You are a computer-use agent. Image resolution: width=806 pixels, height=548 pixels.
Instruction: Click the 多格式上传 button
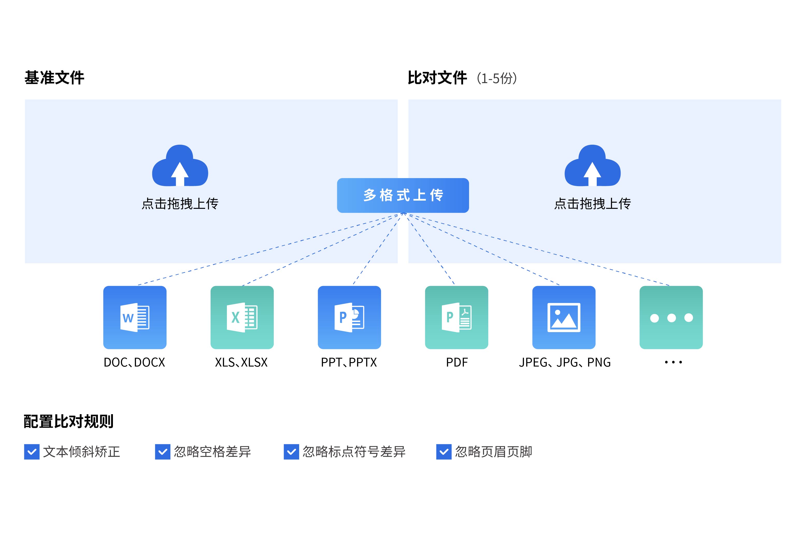point(403,195)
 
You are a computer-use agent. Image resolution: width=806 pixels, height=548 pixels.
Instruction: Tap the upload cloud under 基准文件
point(180,166)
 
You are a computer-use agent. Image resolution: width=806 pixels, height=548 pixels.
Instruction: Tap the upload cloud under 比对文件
point(592,166)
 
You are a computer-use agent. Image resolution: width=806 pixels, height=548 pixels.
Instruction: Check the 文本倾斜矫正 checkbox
point(32,452)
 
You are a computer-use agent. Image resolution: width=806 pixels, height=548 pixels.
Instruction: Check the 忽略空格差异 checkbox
point(162,452)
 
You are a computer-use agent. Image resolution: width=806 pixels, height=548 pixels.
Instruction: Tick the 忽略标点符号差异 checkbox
point(291,452)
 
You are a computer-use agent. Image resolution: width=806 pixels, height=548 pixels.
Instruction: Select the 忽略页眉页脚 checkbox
point(444,452)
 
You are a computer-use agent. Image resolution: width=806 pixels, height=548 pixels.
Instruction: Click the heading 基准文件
point(54,78)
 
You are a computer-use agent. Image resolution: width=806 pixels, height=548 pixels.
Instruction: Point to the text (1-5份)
point(497,78)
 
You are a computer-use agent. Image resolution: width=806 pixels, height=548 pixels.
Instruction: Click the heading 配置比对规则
point(68,421)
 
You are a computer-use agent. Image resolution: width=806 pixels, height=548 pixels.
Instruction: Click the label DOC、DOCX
point(134,362)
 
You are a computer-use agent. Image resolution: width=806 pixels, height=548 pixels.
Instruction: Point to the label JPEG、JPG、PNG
point(565,362)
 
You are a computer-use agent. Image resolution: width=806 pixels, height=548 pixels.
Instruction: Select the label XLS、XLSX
point(241,362)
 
